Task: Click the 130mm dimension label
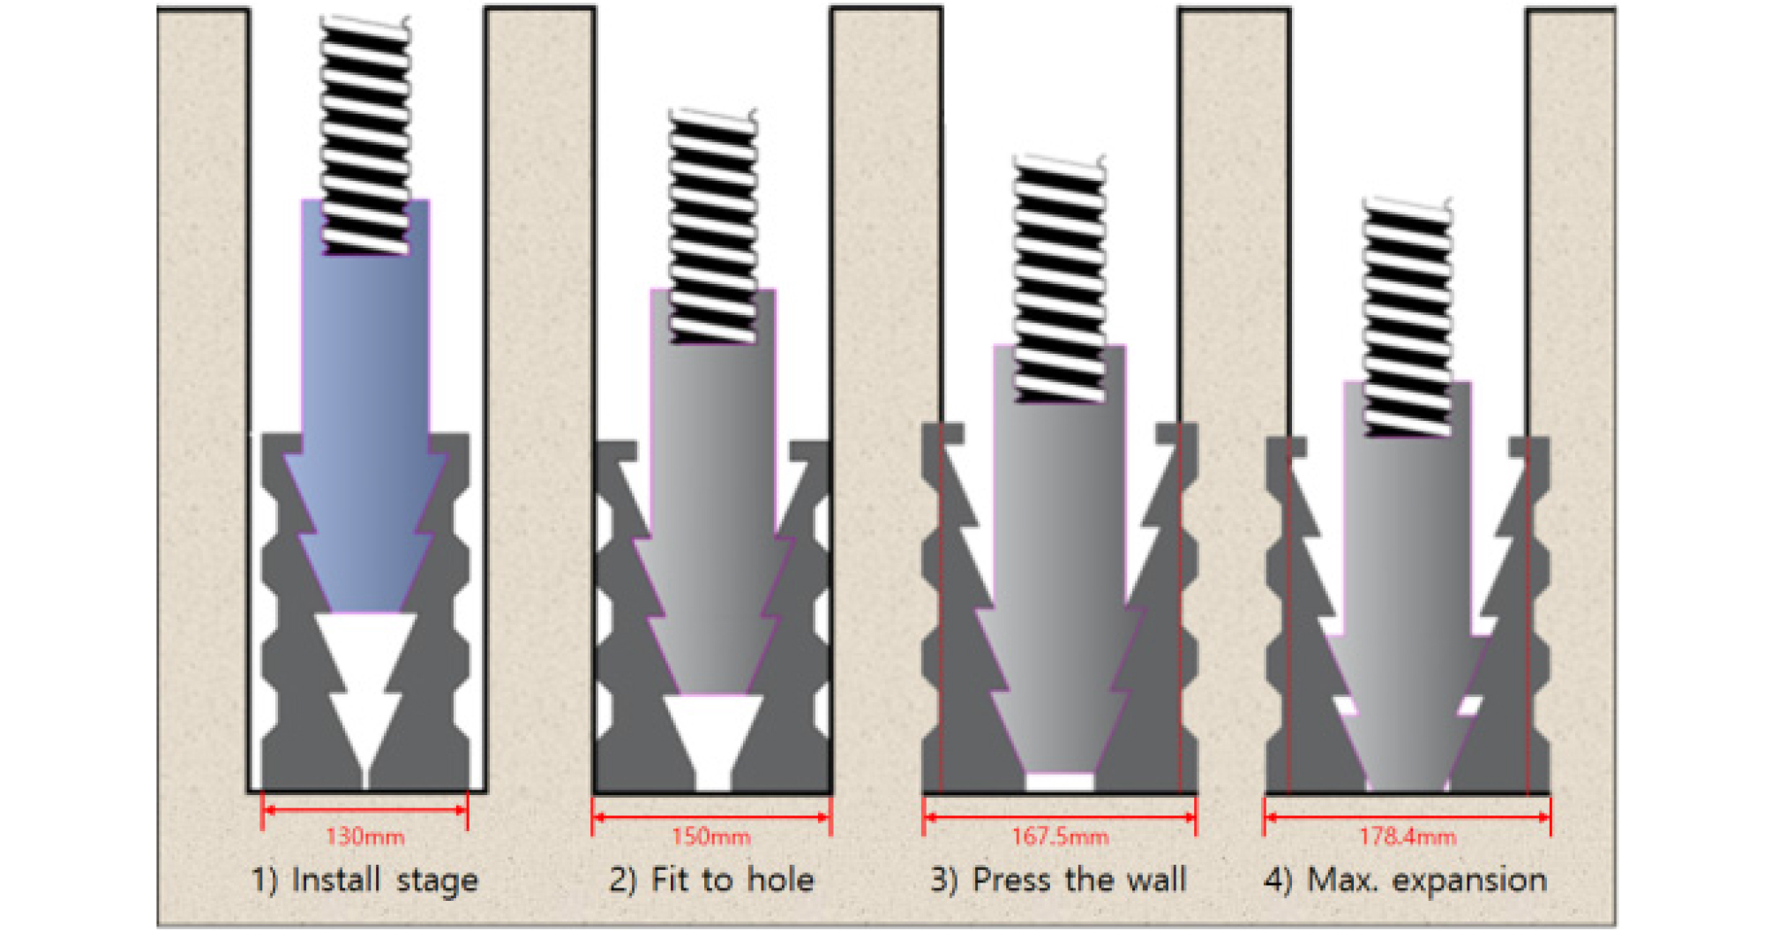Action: coord(365,836)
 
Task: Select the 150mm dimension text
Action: coord(711,836)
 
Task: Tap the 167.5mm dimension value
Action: coord(1060,836)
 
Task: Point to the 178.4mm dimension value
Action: coord(1408,836)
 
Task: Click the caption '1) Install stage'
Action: coord(364,881)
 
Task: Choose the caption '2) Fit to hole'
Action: coord(711,881)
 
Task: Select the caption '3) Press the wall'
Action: coord(1059,881)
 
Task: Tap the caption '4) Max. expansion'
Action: coord(1406,881)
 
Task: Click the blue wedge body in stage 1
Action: coord(365,415)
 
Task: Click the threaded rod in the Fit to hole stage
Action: coord(713,226)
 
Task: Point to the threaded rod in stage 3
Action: coord(1060,279)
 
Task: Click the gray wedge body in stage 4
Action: coord(1408,587)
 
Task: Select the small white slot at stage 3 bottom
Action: coord(1060,782)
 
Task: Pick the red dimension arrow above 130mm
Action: coord(365,809)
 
